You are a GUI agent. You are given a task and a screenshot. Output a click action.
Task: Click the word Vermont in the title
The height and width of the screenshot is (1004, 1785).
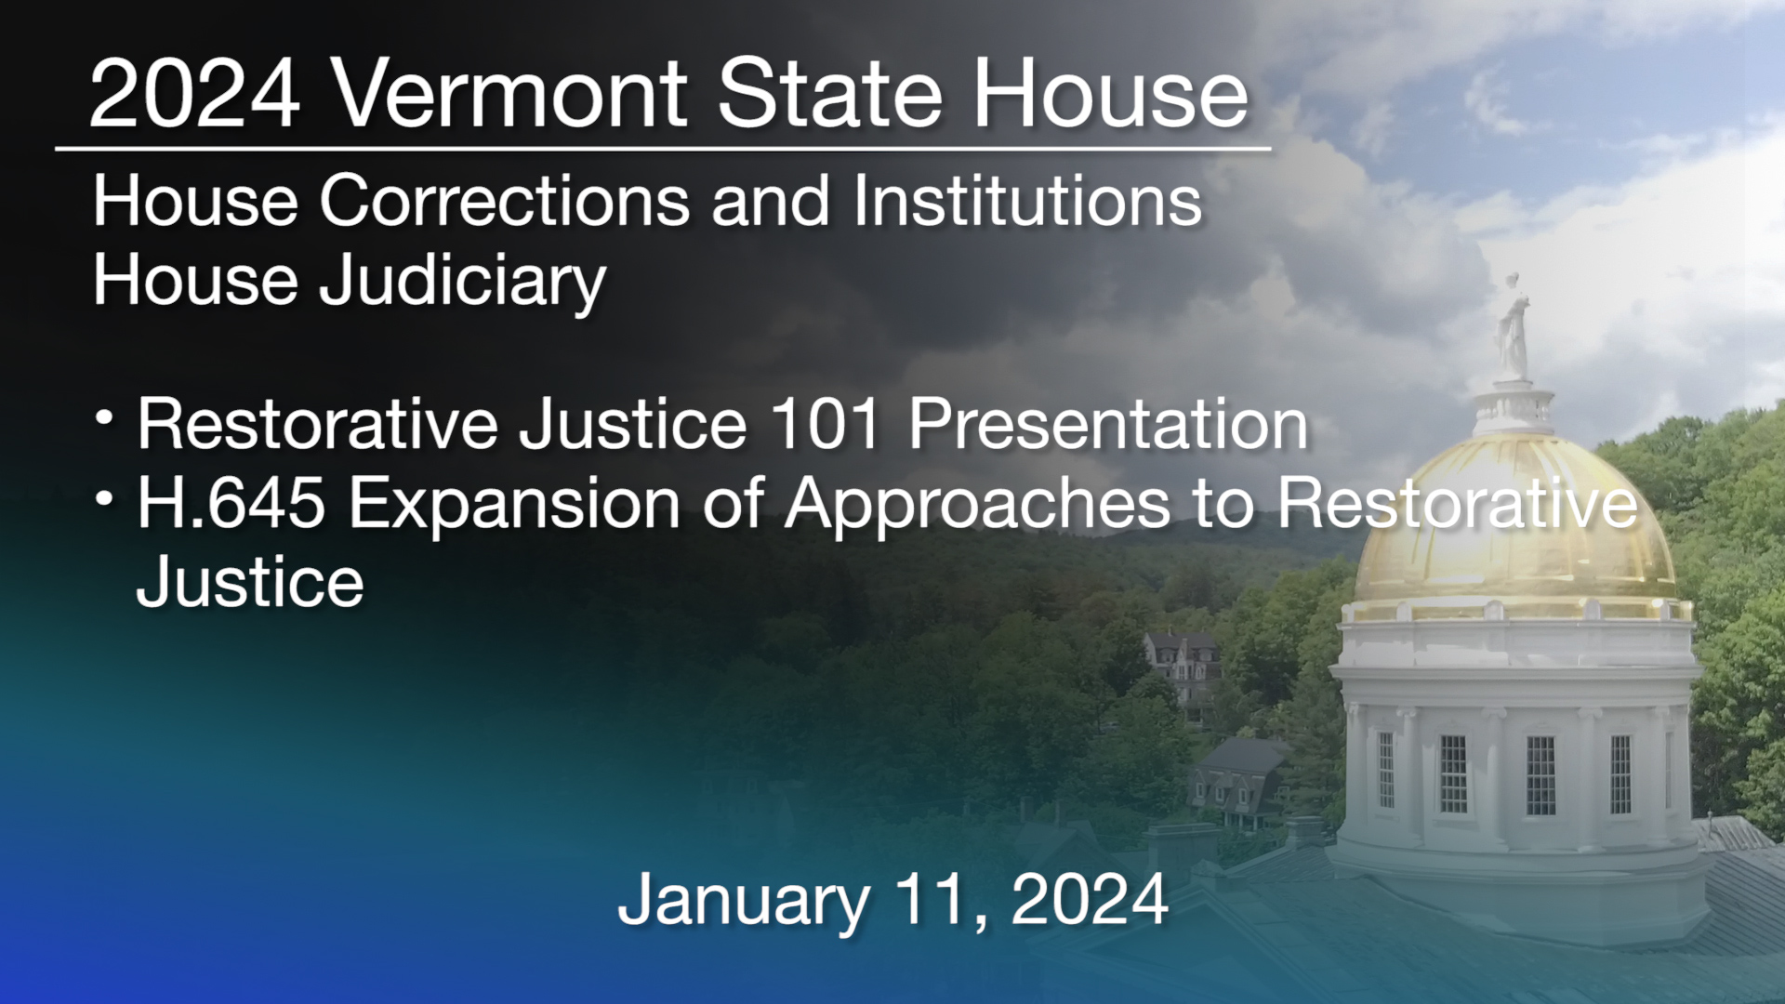[x=509, y=94]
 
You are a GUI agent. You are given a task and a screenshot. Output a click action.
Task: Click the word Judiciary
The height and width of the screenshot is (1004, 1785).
[x=462, y=282]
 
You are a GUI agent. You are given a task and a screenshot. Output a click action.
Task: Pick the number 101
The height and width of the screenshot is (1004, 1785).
[x=826, y=425]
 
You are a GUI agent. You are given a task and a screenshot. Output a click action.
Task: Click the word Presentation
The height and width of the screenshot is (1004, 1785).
[x=1108, y=425]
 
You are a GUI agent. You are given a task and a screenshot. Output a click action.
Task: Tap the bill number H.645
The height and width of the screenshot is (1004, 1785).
[x=231, y=504]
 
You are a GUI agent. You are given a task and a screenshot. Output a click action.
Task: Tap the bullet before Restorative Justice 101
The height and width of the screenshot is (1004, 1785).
[x=105, y=419]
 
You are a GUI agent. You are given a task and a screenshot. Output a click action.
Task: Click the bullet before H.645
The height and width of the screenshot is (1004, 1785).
[x=105, y=500]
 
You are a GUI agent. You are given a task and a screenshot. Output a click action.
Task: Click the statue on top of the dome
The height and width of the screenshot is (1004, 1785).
[x=1513, y=325]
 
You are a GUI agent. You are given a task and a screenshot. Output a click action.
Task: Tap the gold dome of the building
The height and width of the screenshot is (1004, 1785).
[x=1515, y=530]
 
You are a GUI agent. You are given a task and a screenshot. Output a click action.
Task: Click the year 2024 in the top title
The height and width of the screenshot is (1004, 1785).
[x=194, y=94]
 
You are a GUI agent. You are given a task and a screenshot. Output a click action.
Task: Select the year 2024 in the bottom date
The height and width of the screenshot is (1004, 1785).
[x=1090, y=900]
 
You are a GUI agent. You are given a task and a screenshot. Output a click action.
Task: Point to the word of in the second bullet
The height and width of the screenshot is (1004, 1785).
[x=733, y=504]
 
